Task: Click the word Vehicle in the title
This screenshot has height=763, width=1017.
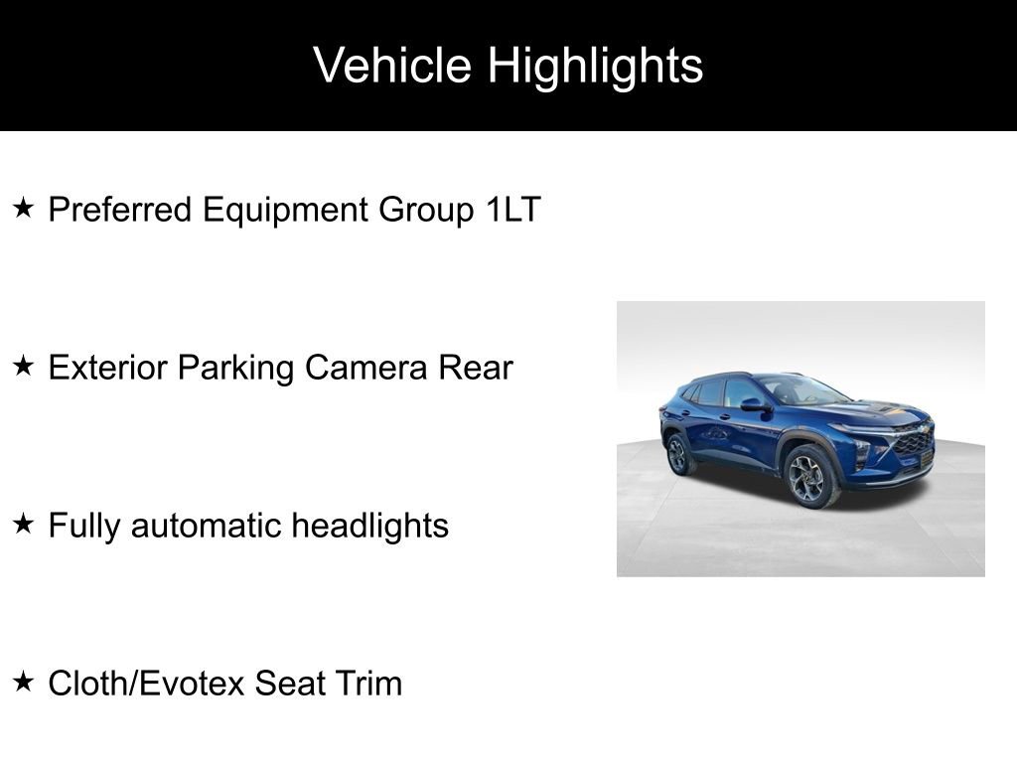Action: click(392, 66)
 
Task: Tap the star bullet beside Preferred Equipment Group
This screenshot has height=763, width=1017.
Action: click(24, 209)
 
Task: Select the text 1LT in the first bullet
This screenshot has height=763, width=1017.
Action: click(513, 210)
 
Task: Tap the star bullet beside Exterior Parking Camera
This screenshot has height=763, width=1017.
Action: click(24, 367)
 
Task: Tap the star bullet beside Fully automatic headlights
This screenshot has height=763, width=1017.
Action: click(24, 525)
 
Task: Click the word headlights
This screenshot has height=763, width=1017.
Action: click(369, 526)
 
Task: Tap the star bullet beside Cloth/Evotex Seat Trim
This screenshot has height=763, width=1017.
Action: click(24, 683)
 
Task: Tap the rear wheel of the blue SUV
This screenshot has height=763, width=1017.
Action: click(679, 455)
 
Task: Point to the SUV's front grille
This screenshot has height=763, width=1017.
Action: click(912, 443)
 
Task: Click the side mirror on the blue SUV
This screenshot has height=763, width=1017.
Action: click(753, 404)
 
